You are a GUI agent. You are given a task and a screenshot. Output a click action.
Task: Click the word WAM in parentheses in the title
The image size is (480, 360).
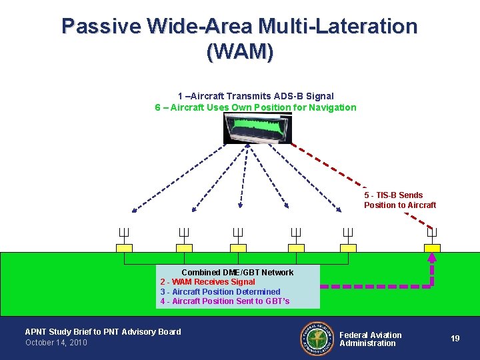(x=239, y=51)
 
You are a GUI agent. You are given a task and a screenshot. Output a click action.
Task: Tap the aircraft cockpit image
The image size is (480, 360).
(x=258, y=128)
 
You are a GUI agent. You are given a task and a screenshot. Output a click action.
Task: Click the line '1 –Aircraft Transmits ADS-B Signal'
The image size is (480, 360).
(x=255, y=96)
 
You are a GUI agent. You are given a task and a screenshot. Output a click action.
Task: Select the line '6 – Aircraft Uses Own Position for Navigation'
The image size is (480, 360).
(x=255, y=107)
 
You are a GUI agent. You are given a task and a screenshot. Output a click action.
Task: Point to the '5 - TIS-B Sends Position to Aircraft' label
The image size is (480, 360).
(x=400, y=200)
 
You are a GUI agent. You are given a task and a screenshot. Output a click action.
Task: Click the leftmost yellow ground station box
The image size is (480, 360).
(x=125, y=248)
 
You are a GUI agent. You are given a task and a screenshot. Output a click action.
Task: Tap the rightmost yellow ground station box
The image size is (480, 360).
(x=432, y=248)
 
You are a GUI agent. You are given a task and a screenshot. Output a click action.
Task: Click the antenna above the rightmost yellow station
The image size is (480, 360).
(x=432, y=233)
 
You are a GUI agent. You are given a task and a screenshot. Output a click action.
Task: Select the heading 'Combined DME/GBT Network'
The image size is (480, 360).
(x=237, y=272)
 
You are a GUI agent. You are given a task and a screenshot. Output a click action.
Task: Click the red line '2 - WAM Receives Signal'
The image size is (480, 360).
(x=207, y=282)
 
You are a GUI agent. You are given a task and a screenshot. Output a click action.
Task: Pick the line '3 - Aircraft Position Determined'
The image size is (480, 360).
(x=220, y=291)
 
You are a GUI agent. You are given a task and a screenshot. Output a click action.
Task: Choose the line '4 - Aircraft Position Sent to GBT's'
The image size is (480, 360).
(x=225, y=301)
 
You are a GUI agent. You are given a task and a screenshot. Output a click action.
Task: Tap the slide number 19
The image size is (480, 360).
(x=455, y=339)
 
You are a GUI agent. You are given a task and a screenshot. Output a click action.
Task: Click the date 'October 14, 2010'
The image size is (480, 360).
(x=56, y=343)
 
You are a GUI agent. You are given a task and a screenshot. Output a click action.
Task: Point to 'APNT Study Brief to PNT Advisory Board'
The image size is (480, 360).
(x=103, y=331)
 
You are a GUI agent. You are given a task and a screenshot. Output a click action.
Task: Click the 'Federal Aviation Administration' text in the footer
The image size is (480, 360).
(x=371, y=339)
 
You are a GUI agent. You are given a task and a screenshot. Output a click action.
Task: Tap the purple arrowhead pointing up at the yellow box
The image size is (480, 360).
(x=432, y=257)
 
